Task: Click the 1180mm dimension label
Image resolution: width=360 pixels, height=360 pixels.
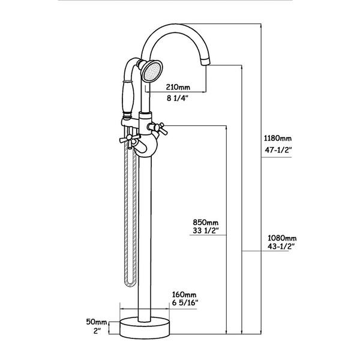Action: point(278,139)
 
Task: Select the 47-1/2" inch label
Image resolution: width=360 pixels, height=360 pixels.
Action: point(278,150)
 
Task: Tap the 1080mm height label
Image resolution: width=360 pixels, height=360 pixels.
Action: point(282,238)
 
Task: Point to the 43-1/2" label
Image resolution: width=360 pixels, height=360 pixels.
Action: point(281,247)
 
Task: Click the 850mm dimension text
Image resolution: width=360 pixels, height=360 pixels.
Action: point(205,223)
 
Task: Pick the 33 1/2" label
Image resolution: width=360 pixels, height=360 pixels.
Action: point(205,230)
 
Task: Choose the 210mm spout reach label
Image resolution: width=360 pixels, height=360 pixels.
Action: point(178,87)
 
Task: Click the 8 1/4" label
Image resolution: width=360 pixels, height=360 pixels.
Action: point(177,98)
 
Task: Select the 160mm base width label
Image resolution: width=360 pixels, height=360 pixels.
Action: point(184,295)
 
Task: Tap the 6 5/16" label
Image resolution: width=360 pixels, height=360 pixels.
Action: point(185,303)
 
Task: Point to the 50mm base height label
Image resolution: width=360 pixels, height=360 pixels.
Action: point(97,322)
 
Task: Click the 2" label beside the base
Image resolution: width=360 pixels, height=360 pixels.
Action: point(97,331)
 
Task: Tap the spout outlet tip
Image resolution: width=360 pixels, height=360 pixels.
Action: point(205,62)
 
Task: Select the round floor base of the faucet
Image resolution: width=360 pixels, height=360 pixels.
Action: point(145,328)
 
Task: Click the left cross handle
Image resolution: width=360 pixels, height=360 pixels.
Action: point(130,139)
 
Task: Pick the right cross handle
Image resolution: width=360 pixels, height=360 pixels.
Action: point(158,128)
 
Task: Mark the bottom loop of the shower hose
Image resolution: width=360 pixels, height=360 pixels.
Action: point(130,284)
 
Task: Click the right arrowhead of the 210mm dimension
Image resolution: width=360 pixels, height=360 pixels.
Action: point(204,92)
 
